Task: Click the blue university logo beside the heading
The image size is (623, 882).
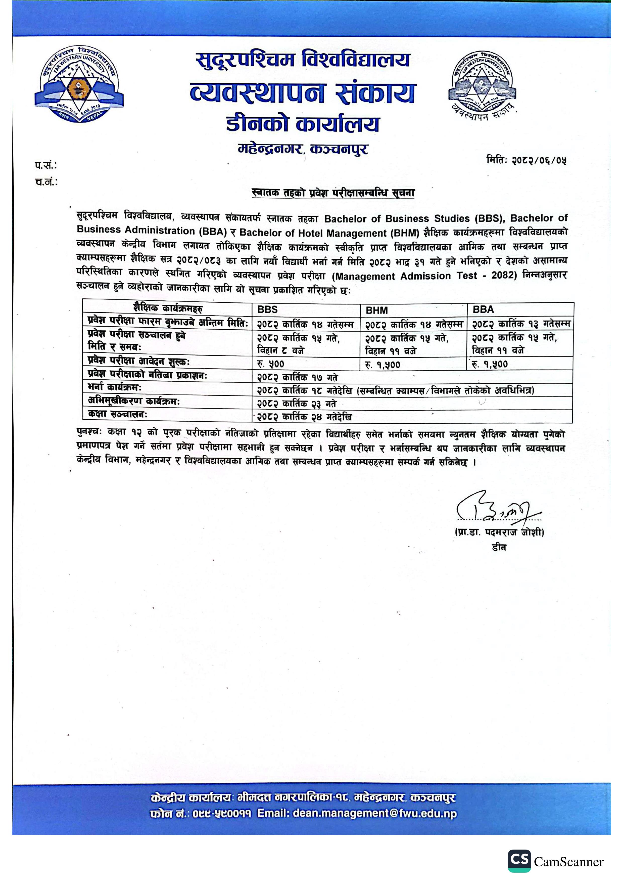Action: [x=79, y=83]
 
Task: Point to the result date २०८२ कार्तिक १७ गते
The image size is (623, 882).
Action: [x=298, y=377]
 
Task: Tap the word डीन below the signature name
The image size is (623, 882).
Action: [x=499, y=547]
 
